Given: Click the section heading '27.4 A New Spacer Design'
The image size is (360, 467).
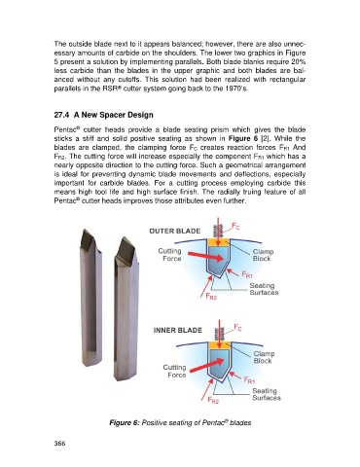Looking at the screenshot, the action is [x=103, y=115].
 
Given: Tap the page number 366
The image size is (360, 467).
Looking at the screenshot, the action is [x=59, y=444].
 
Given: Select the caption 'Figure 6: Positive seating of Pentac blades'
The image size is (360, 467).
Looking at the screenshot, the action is [x=180, y=422].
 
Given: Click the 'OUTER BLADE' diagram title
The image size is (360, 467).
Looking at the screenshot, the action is [x=175, y=231].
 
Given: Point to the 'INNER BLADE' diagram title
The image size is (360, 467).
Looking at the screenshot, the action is [x=178, y=330].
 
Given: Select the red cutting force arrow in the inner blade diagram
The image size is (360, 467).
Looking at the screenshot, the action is [x=207, y=365].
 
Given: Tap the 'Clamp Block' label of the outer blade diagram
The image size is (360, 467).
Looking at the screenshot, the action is [x=263, y=255].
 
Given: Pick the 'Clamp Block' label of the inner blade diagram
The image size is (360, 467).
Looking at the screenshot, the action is [x=264, y=357].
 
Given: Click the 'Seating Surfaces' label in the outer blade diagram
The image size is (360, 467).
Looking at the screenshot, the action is [x=264, y=289].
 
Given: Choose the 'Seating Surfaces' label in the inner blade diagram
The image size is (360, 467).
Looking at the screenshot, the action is [x=267, y=394].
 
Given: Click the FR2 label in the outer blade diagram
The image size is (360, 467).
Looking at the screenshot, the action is [x=211, y=296].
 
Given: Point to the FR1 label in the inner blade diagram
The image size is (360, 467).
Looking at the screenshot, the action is [x=249, y=380].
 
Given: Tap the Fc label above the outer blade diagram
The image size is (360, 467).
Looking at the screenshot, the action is [x=235, y=226].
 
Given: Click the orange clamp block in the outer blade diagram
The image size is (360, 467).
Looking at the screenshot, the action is [x=218, y=242].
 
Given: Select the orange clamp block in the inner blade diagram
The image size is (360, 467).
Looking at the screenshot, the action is [x=220, y=344].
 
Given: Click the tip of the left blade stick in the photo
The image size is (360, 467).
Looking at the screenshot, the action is [x=85, y=230].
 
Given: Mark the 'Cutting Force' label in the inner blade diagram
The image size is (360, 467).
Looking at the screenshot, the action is [x=175, y=371].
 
